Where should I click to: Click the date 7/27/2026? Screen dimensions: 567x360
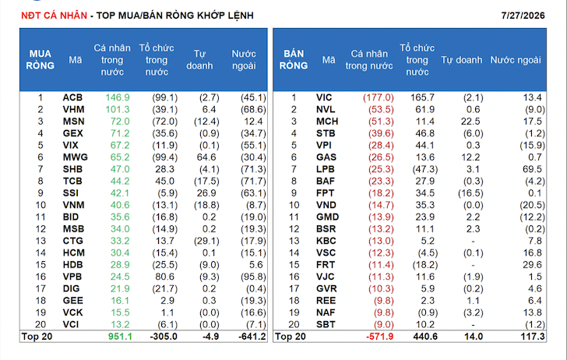pos(523,16)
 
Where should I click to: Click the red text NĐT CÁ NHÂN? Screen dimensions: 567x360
pos(55,16)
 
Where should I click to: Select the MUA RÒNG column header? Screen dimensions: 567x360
pos(40,60)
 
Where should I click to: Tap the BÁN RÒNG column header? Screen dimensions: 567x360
pos(294,60)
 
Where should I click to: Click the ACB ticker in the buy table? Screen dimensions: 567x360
pos(72,97)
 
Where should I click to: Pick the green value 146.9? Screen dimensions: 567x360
pos(118,97)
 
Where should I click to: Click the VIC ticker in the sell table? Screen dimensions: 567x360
pos(324,97)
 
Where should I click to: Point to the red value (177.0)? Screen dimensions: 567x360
pos(379,97)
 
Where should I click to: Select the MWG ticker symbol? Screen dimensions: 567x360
pos(76,157)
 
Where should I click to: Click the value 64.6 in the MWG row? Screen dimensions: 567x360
pos(206,157)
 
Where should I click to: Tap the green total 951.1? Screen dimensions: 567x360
pos(120,337)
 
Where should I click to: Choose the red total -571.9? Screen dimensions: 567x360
pos(380,337)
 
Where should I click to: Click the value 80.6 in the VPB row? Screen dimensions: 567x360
pos(164,277)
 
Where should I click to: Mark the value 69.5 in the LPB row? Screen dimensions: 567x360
pos(532,169)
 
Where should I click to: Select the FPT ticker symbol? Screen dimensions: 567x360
pos(325,193)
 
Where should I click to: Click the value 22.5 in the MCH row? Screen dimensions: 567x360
pos(470,122)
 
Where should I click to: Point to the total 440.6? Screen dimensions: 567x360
pos(425,337)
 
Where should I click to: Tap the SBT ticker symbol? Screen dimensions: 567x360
pos(326,324)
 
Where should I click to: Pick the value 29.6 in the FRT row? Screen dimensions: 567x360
pos(532,265)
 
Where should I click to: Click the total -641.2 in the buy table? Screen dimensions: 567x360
pos(252,337)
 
